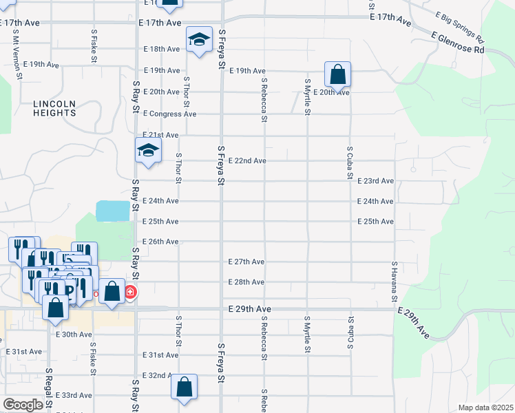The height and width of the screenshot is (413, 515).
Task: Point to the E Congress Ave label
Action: click(169, 114)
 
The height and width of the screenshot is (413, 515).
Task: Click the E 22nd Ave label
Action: click(247, 160)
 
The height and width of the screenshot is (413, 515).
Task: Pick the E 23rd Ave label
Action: click(375, 180)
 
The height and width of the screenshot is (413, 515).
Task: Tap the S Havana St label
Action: click(395, 283)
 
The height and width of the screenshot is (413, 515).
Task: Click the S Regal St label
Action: click(48, 390)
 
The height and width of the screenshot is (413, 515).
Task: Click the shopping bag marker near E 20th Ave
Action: click(337, 74)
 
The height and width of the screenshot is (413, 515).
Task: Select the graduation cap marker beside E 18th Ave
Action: click(198, 39)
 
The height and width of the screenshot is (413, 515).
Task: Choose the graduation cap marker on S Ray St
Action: click(147, 151)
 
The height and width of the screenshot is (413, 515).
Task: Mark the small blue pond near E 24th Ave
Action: click(112, 211)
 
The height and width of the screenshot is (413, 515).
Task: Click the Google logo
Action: click(22, 405)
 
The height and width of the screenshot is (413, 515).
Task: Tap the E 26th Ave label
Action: click(160, 242)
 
